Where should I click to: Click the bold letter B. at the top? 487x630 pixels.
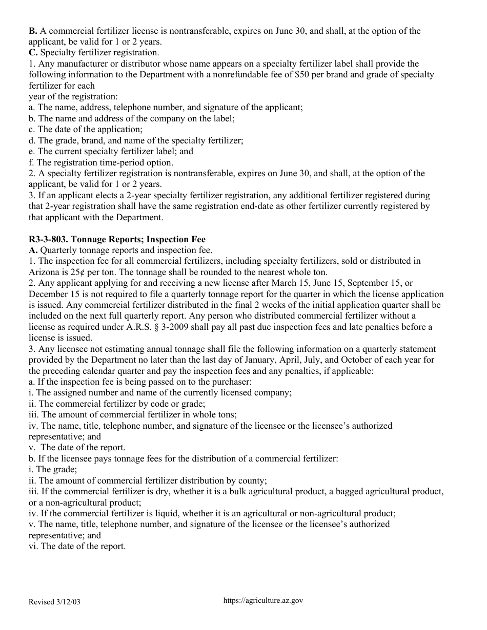pyautogui.click(x=33, y=31)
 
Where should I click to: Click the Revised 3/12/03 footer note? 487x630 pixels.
pyautogui.click(x=55, y=602)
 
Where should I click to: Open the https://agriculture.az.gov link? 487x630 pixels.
pyautogui.click(x=263, y=601)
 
